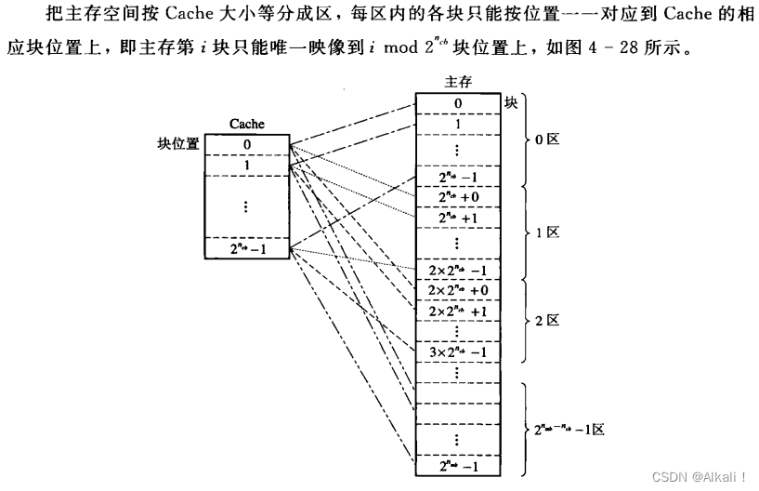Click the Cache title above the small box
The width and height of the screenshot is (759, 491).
click(246, 124)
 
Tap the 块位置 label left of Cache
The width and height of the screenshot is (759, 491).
click(178, 144)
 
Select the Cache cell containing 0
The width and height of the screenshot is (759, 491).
click(246, 144)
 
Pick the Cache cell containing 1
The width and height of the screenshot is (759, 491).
click(246, 165)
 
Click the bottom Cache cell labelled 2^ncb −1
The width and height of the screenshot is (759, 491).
click(246, 248)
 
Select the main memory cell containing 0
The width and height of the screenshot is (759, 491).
click(458, 103)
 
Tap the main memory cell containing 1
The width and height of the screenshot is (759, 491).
click(458, 123)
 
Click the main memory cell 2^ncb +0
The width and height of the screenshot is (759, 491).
click(458, 197)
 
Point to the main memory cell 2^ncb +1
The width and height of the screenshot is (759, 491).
click(458, 218)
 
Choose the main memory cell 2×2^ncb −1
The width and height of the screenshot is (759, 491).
click(458, 271)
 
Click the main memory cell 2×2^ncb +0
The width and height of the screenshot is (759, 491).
click(458, 290)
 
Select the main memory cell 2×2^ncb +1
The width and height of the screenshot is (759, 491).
click(458, 311)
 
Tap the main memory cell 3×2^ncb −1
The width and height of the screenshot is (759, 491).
click(458, 352)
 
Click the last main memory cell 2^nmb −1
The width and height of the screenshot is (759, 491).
click(458, 465)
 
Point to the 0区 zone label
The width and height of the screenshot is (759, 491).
click(548, 140)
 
